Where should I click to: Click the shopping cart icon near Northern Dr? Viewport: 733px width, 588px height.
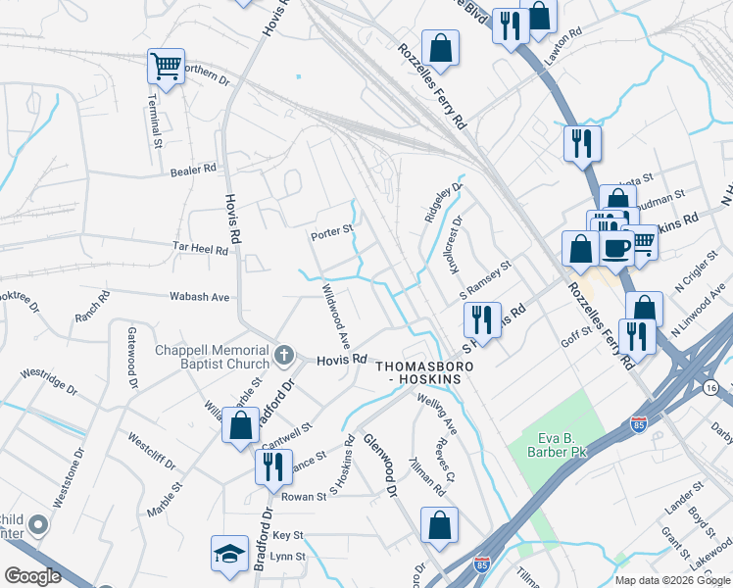coord(166,67)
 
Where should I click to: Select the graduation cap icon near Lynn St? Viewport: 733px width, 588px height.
coord(229,552)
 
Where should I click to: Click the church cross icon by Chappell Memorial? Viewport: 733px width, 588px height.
coord(284,353)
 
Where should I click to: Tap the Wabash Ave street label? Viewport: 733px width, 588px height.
coord(199,296)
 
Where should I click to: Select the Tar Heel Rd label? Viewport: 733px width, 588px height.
coord(200,250)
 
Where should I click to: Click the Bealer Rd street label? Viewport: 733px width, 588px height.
coord(192,170)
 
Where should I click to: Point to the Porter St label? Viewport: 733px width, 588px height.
coord(330,232)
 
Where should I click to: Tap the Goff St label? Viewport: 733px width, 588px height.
coord(577,332)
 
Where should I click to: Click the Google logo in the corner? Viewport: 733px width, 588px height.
coord(32,576)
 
